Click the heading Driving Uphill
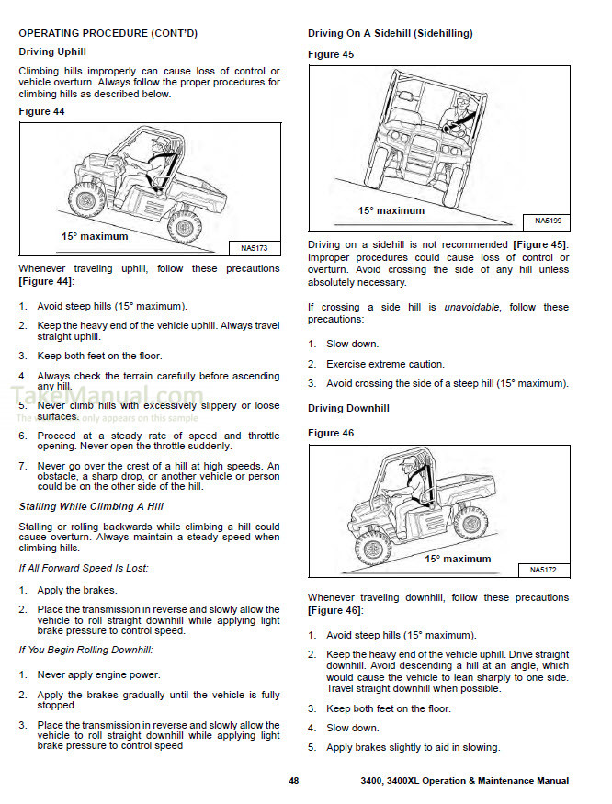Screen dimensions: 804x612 click(52, 52)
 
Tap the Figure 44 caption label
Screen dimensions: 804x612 click(42, 111)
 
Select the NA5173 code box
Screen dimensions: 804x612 click(254, 249)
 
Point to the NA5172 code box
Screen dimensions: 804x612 click(542, 571)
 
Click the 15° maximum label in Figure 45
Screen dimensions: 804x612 click(391, 211)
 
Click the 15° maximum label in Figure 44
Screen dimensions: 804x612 click(95, 237)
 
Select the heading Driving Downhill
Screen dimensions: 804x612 click(348, 408)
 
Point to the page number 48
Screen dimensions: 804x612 click(293, 781)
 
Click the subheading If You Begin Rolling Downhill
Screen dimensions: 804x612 click(85, 651)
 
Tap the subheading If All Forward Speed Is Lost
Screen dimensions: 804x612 click(84, 568)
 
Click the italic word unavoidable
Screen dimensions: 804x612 click(470, 307)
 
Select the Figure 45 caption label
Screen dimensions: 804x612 click(331, 54)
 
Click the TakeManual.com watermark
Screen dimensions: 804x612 click(106, 398)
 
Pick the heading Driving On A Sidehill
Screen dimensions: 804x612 click(390, 34)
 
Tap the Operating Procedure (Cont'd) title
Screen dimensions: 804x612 click(108, 33)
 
